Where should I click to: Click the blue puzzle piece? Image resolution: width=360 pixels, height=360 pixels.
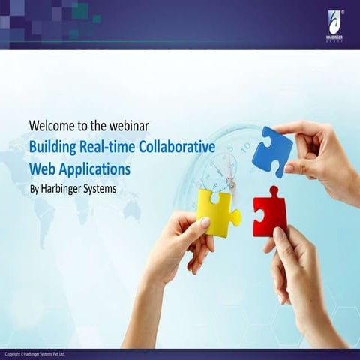pos(271,151)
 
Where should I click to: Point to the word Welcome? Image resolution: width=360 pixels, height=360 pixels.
pos(53,124)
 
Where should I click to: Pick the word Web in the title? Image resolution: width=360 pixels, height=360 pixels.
pos(43,169)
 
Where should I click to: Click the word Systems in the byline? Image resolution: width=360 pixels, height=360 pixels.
pos(98,189)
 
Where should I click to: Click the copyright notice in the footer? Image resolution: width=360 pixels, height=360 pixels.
pos(35,353)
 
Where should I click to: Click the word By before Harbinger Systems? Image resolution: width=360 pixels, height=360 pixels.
pos(34,189)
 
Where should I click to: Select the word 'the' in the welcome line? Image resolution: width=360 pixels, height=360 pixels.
pos(101,124)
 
